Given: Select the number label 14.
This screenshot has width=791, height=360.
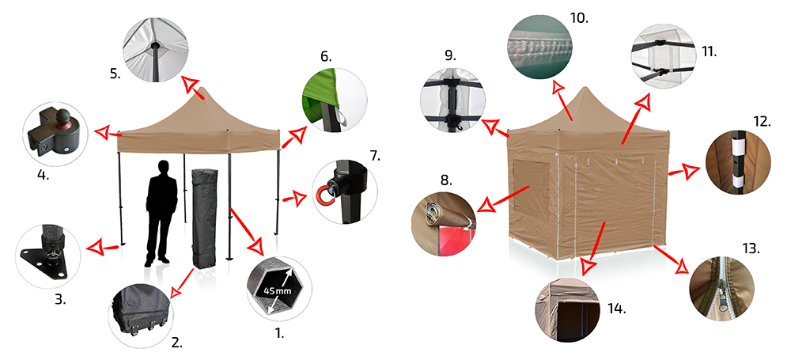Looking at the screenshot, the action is click(x=616, y=309).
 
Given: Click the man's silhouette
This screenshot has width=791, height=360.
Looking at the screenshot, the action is click(x=161, y=213).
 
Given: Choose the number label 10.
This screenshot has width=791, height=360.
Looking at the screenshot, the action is click(x=579, y=18).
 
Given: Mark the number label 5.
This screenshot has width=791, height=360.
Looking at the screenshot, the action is click(x=115, y=74).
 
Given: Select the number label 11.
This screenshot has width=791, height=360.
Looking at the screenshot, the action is click(x=710, y=51).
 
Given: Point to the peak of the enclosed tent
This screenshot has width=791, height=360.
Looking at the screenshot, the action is click(x=585, y=89).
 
